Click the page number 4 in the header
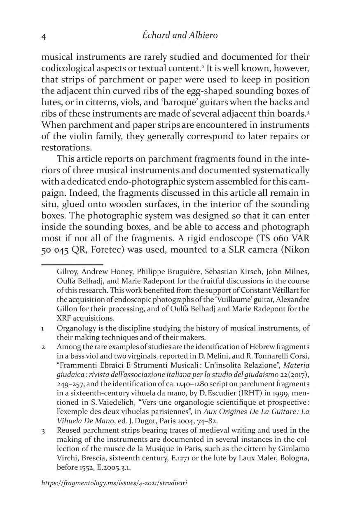44,36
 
